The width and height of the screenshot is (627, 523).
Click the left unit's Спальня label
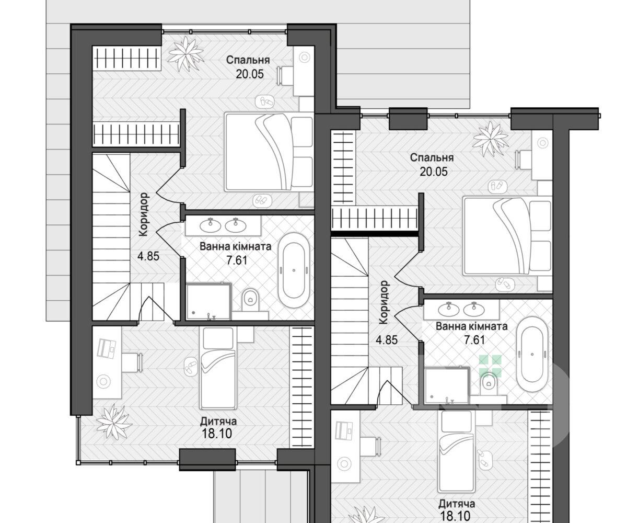click(248, 60)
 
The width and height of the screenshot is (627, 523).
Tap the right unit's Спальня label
click(432, 158)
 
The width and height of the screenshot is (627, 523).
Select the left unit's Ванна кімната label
click(236, 247)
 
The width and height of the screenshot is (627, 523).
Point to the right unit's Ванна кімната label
click(471, 326)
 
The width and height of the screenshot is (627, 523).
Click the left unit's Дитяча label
click(218, 422)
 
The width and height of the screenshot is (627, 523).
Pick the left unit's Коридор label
click(144, 214)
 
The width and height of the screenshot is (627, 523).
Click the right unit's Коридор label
click(384, 303)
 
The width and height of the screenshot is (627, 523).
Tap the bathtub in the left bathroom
click(294, 270)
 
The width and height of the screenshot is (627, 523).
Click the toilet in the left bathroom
click(250, 300)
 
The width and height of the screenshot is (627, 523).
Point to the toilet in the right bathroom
click(489, 383)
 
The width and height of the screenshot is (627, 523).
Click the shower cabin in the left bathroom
click(208, 301)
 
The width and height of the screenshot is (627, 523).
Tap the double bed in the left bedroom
click(269, 152)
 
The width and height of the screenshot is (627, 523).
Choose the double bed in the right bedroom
click(507, 236)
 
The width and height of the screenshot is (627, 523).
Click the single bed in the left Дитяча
click(218, 368)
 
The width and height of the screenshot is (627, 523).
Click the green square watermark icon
click(491, 366)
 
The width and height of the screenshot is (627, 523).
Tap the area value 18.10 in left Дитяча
click(217, 434)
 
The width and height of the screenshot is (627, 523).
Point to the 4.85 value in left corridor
click(148, 257)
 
